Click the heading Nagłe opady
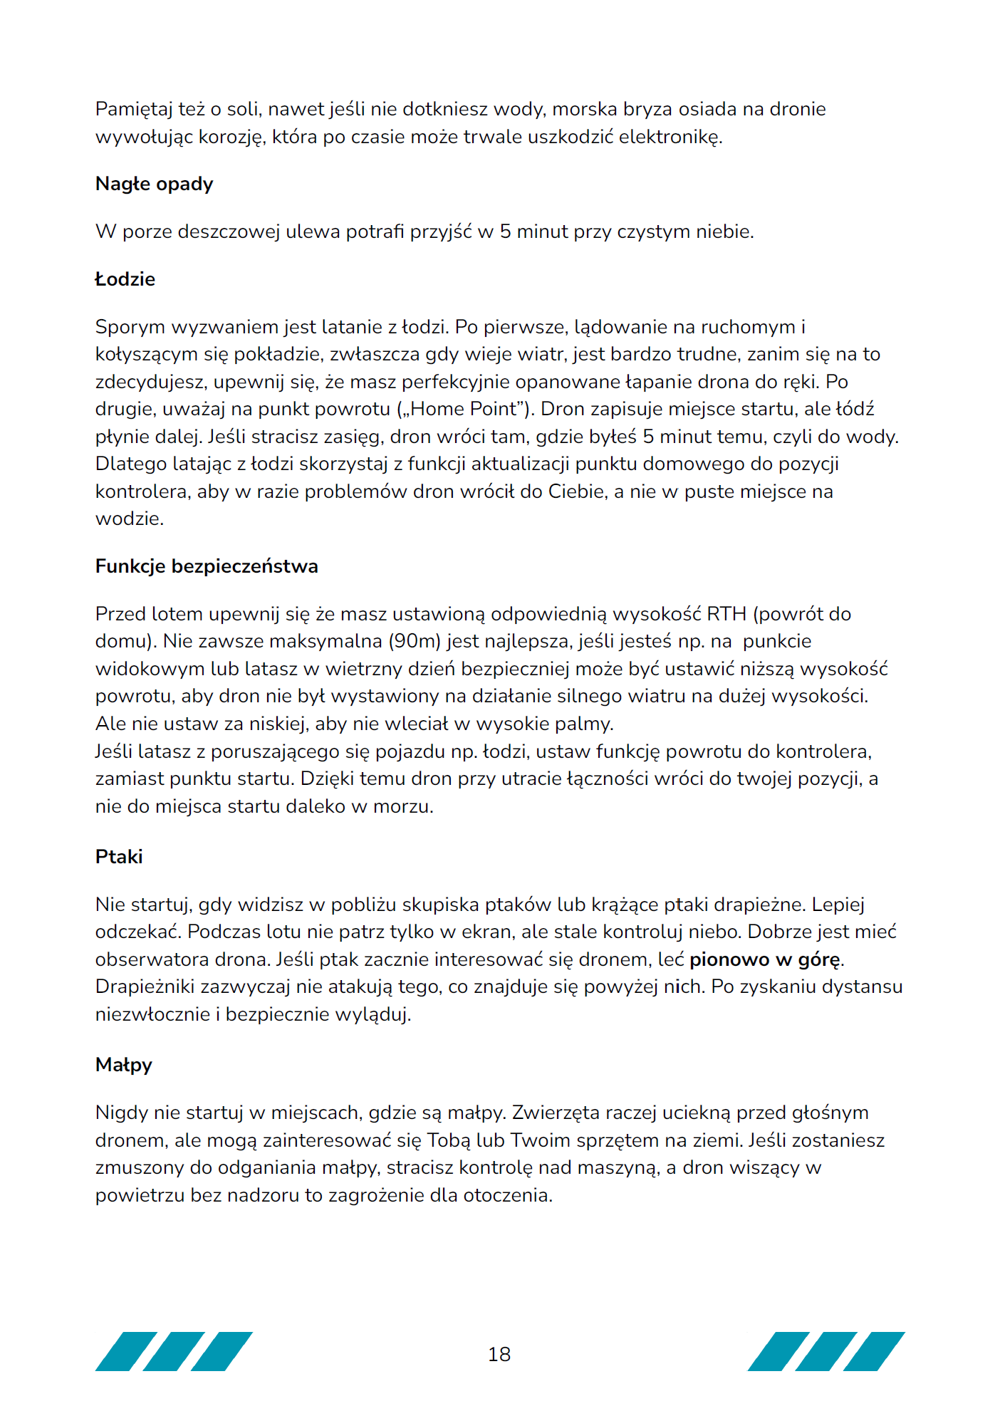click(154, 184)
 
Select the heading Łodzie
click(125, 279)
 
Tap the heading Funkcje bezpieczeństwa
click(207, 566)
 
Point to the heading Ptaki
click(119, 857)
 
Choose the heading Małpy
click(124, 1065)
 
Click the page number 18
click(499, 1354)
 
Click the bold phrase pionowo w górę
click(764, 959)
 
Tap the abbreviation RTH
click(726, 614)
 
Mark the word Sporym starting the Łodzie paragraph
click(127, 328)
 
